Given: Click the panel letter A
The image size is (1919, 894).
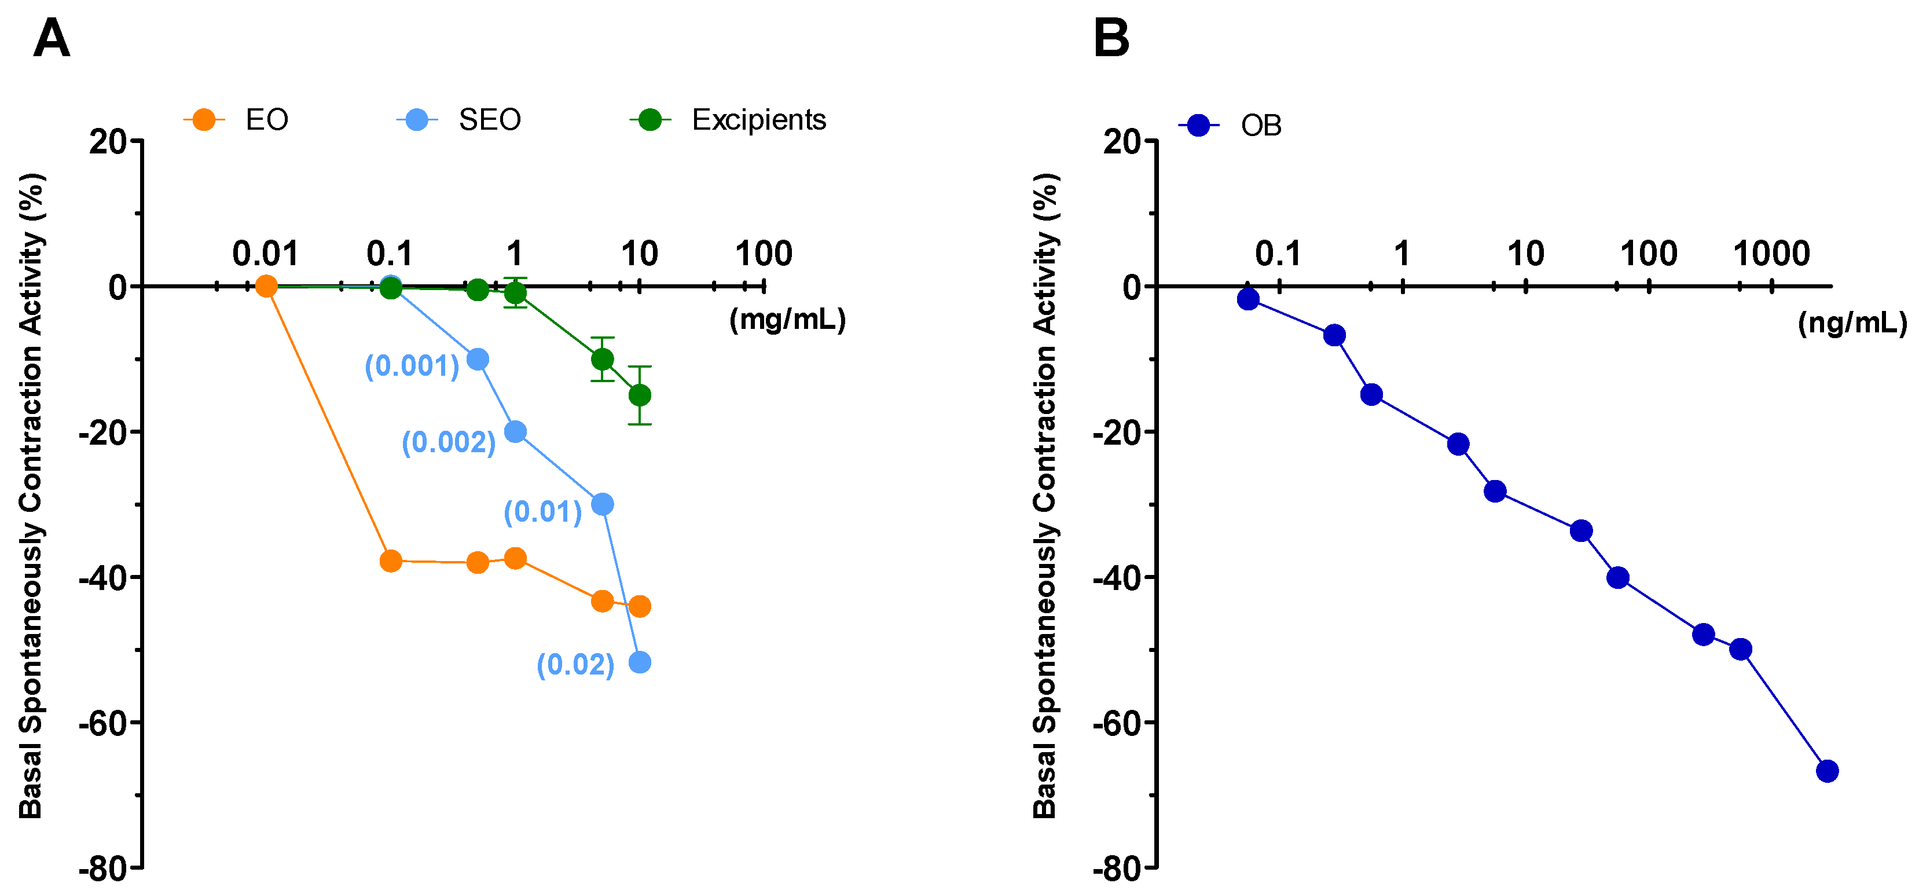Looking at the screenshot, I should (x=52, y=39).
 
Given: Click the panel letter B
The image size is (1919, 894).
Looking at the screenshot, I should (x=1111, y=39).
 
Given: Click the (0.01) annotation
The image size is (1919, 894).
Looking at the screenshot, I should (x=542, y=512).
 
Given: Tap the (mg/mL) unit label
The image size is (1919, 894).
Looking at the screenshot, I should (x=787, y=320).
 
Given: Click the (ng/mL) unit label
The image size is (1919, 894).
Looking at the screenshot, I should (x=1852, y=323).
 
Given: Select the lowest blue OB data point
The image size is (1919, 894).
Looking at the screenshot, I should (x=1826, y=771).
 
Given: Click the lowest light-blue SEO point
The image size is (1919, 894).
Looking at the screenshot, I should (x=639, y=662).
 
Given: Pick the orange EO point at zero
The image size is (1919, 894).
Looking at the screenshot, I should (x=266, y=286).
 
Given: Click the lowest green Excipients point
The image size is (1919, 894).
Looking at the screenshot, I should (x=639, y=395).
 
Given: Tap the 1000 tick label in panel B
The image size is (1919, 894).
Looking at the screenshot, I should (x=1771, y=254).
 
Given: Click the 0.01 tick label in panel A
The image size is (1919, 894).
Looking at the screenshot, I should (x=265, y=254).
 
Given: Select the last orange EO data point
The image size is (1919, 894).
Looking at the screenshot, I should (x=639, y=606).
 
